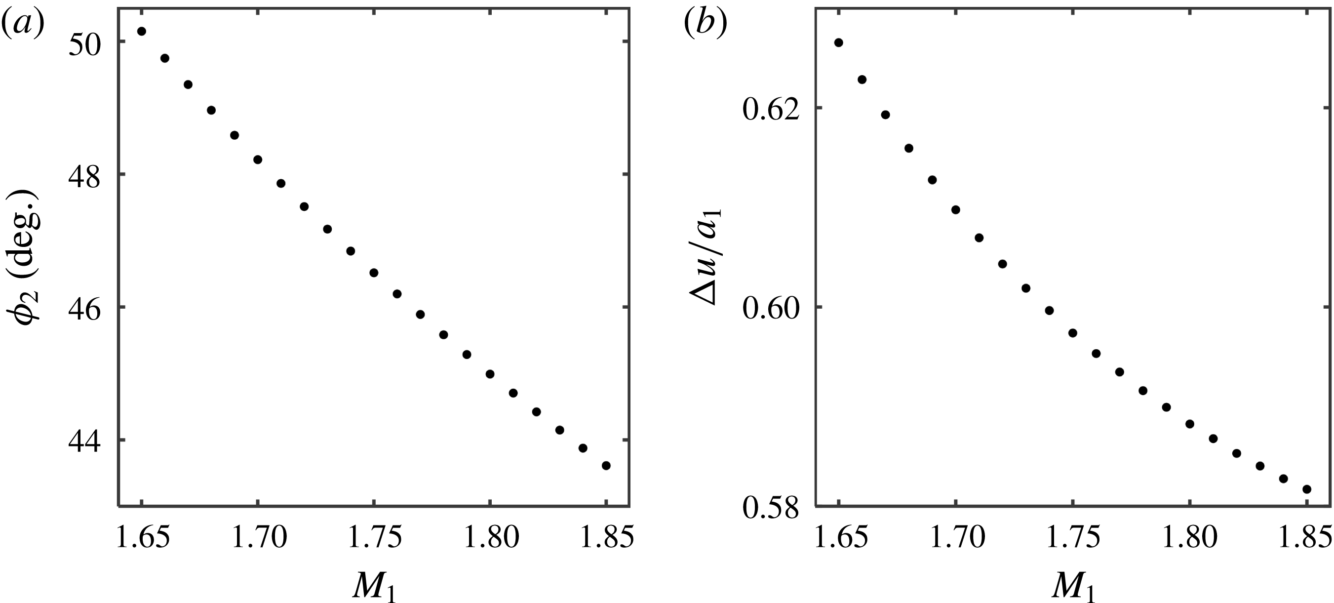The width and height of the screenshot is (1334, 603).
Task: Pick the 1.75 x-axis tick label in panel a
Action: (374, 538)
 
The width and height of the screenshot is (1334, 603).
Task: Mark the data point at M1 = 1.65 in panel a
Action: (141, 31)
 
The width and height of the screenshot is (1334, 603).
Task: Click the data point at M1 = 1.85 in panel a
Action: (606, 466)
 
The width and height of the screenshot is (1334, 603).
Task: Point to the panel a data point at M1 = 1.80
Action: (490, 374)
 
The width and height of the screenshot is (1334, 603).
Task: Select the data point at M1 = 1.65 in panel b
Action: (839, 42)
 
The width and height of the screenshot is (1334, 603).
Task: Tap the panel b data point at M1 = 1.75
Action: (1073, 333)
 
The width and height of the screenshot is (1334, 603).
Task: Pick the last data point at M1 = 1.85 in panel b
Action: (1306, 489)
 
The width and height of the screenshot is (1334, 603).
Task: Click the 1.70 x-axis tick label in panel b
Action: (956, 538)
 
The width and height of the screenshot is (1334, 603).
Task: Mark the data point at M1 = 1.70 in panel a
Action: (257, 160)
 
